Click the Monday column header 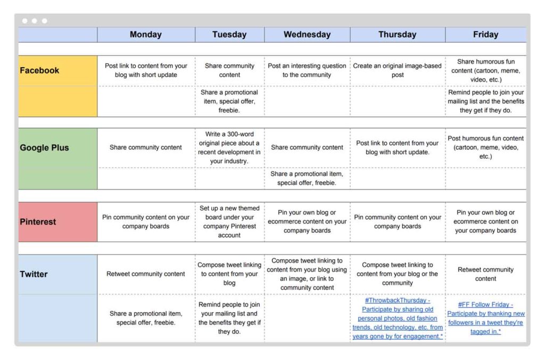[x=145, y=35]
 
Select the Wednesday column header [x=307, y=35]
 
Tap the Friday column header [x=485, y=35]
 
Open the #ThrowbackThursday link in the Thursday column [x=397, y=318]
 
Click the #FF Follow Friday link [x=485, y=318]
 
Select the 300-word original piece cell [x=229, y=148]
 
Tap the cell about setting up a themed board [x=229, y=222]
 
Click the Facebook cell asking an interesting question [x=307, y=70]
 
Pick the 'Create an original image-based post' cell [x=397, y=70]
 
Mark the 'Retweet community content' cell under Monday [x=146, y=274]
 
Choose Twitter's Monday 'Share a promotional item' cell [x=146, y=318]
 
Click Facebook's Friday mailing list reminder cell [x=485, y=101]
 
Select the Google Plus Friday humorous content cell [x=485, y=148]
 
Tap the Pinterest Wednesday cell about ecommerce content [x=307, y=222]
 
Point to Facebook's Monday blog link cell [x=146, y=70]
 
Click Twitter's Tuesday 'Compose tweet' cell [x=229, y=274]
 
